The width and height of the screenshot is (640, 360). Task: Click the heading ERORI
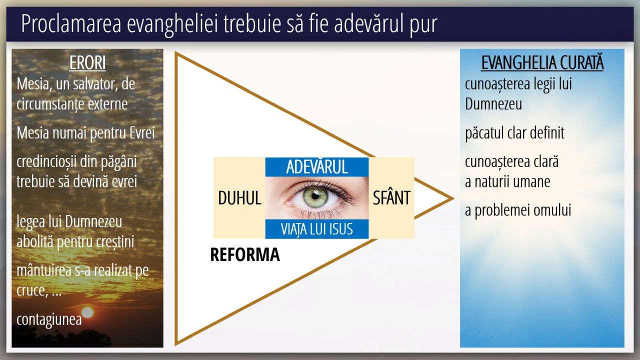click(x=87, y=62)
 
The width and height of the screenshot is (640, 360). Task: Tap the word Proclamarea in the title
click(x=71, y=23)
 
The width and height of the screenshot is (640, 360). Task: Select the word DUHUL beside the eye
click(x=239, y=197)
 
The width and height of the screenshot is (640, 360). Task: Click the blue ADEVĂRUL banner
click(x=317, y=167)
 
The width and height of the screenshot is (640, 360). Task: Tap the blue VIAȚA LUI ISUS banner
click(x=317, y=229)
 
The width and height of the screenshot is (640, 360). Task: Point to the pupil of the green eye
click(x=315, y=196)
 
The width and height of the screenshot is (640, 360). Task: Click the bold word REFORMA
click(x=245, y=254)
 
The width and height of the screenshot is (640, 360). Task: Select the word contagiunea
click(x=49, y=319)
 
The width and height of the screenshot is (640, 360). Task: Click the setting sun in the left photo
click(x=87, y=312)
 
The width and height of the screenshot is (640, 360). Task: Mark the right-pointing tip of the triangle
click(x=453, y=198)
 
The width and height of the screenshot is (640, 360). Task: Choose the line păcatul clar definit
click(x=514, y=133)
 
